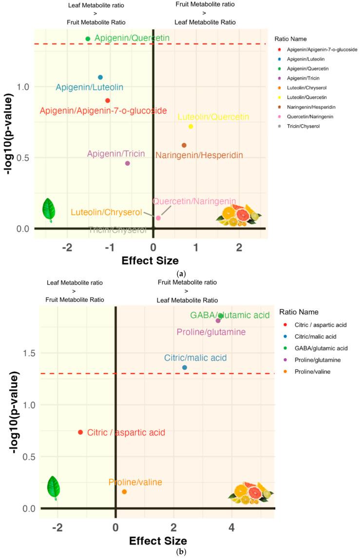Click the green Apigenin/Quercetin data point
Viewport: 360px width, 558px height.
click(x=88, y=39)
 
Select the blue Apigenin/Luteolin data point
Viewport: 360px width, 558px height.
click(x=100, y=77)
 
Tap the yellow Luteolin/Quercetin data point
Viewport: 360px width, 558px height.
click(x=191, y=127)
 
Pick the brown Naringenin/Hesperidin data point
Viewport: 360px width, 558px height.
click(x=184, y=145)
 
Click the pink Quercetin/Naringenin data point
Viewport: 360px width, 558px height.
click(x=158, y=218)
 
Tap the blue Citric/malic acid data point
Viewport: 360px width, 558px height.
click(x=185, y=367)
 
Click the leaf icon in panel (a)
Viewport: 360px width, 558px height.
click(x=48, y=211)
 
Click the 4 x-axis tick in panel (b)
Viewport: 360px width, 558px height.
click(x=231, y=527)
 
